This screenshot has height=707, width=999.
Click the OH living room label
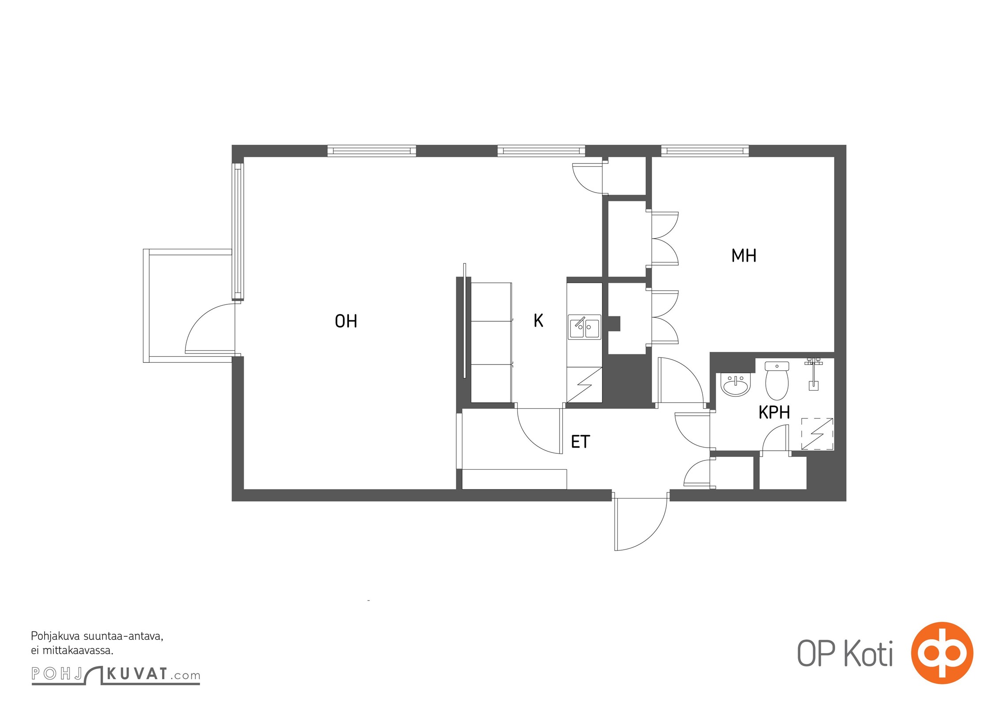pyautogui.click(x=346, y=321)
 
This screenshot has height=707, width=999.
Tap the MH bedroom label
pyautogui.click(x=744, y=256)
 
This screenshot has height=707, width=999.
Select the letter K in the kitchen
pyautogui.click(x=538, y=320)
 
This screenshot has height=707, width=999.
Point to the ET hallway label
pyautogui.click(x=580, y=442)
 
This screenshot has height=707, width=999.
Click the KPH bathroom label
pyautogui.click(x=774, y=412)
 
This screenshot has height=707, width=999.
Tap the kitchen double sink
pyautogui.click(x=584, y=327)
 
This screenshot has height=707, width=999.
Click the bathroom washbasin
pyautogui.click(x=735, y=385)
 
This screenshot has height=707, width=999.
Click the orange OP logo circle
pyautogui.click(x=942, y=653)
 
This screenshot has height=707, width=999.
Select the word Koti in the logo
pyautogui.click(x=868, y=654)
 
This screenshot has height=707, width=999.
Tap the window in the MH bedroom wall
pyautogui.click(x=705, y=151)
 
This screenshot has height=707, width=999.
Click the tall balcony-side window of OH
pyautogui.click(x=238, y=232)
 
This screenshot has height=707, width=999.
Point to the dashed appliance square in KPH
pyautogui.click(x=817, y=434)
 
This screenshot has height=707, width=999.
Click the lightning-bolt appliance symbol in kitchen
pyautogui.click(x=584, y=385)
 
